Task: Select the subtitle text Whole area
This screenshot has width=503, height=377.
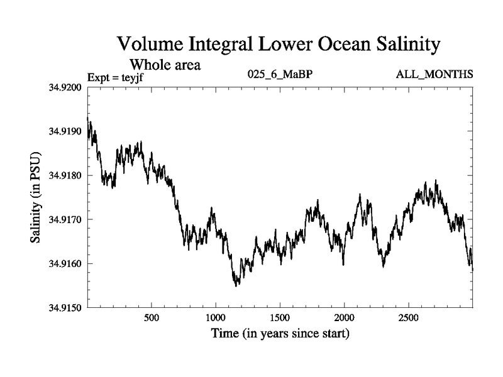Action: (x=165, y=65)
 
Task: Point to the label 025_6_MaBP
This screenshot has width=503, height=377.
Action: (x=280, y=75)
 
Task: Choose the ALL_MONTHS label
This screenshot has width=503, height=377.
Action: (x=434, y=75)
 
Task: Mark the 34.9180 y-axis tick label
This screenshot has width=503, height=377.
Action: (x=65, y=175)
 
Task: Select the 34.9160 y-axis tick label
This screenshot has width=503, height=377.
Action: (x=65, y=264)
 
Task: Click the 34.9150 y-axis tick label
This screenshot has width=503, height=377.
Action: (x=65, y=308)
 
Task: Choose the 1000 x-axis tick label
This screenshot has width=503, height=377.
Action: (x=216, y=317)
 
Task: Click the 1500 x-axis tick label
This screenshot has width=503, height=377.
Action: (x=280, y=317)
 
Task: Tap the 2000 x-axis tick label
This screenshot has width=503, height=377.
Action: (x=345, y=317)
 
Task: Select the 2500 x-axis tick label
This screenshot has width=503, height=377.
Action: (x=409, y=317)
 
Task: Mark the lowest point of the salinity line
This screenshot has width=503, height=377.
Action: (x=236, y=286)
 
